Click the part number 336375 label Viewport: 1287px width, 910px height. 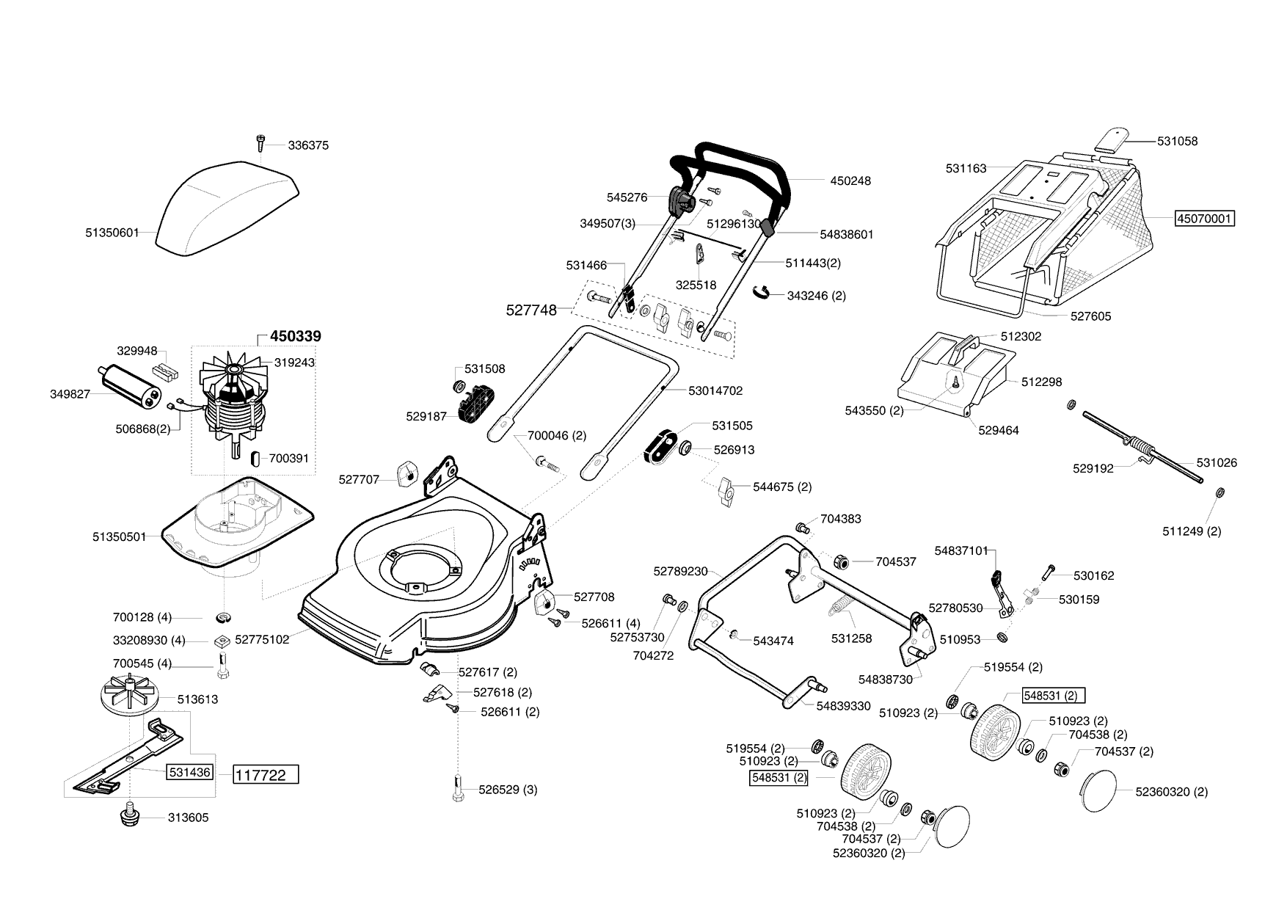click(x=308, y=145)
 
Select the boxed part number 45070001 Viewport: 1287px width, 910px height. click(x=1205, y=219)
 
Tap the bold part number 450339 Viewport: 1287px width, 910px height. click(x=295, y=337)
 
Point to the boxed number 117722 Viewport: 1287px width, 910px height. click(x=266, y=775)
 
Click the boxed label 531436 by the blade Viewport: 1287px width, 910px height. click(x=190, y=772)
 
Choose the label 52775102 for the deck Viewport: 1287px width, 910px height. click(x=262, y=640)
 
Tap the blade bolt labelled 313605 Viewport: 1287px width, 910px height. click(x=130, y=816)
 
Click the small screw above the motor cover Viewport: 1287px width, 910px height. click(x=260, y=142)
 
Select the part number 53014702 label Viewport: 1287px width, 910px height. click(x=715, y=391)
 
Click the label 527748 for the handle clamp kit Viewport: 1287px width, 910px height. click(x=531, y=310)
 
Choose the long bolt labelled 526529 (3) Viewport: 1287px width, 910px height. click(x=458, y=789)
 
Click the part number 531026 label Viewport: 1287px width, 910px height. click(x=1217, y=463)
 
